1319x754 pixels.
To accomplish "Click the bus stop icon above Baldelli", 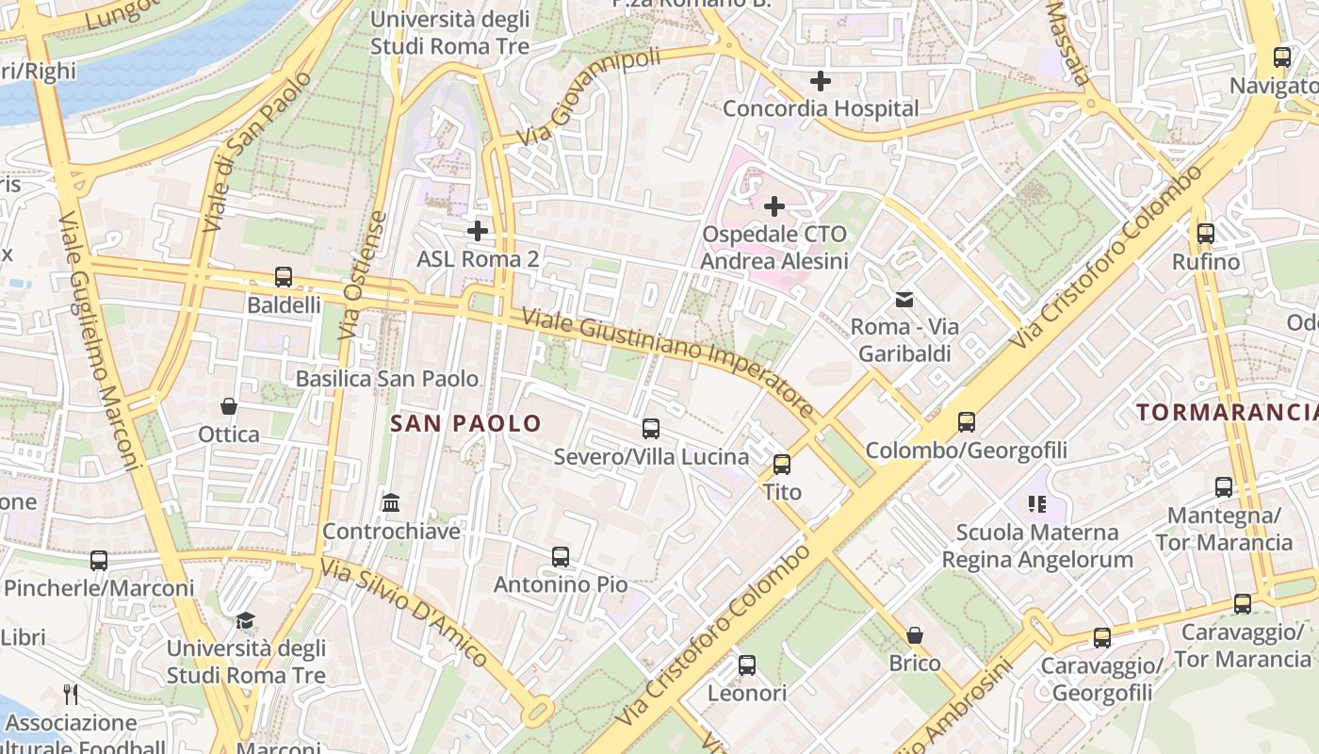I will pos(284,277).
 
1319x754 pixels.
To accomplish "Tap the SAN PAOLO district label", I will pos(466,423).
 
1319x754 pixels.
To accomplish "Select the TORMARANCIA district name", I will pos(1226,412).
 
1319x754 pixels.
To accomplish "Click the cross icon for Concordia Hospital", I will pos(821,81).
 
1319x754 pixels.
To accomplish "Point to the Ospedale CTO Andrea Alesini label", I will pos(774,247).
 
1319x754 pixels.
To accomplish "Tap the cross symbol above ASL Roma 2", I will pos(478,230).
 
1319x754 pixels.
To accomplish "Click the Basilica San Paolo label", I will pos(387,379).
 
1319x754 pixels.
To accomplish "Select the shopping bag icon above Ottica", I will pos(229,406).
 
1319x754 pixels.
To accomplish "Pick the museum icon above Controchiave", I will pos(391,503).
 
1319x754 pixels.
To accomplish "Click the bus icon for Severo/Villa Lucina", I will pos(651,429).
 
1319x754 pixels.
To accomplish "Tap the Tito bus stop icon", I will pos(782,464).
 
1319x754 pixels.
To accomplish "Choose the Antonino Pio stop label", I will pos(561,584).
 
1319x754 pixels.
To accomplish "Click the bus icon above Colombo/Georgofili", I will pos(967,422).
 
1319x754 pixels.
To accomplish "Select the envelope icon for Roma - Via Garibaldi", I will pos(904,300).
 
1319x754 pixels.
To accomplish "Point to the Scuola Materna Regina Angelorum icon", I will pos(1038,504).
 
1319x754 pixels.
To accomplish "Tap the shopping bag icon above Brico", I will pos(915,635).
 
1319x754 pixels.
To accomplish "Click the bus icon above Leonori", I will pos(747,665).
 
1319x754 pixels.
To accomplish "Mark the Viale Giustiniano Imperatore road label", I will pos(668,361).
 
